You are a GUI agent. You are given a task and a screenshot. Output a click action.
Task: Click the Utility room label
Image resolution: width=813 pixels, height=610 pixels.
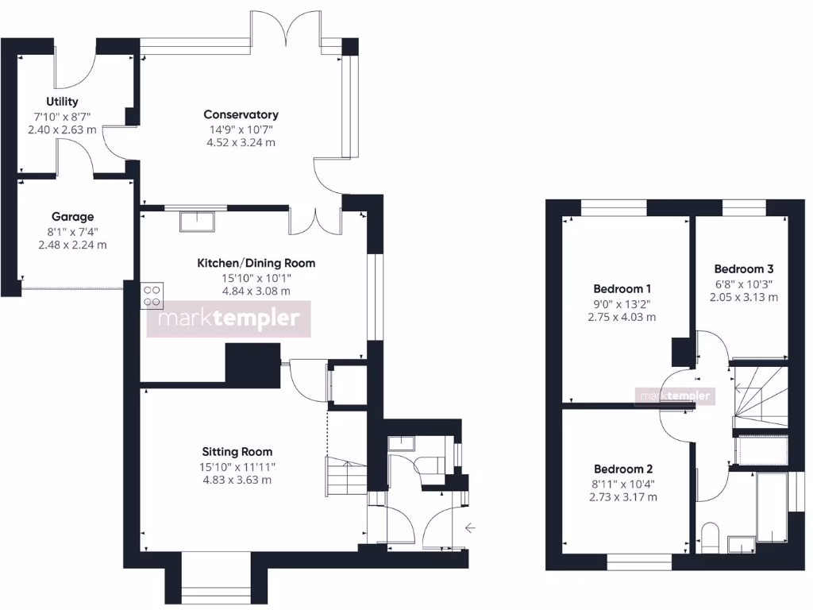click(62, 102)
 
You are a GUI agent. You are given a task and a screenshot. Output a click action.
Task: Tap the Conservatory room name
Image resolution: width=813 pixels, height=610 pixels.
click(241, 114)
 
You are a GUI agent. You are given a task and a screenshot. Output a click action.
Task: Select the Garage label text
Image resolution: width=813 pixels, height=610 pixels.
click(72, 216)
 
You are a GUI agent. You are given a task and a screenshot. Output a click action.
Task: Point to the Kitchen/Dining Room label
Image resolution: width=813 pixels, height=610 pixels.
click(256, 263)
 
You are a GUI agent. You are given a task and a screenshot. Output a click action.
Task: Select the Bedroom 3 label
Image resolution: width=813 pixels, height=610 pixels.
click(743, 268)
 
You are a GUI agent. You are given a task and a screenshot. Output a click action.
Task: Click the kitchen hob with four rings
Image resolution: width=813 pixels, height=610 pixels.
click(152, 295)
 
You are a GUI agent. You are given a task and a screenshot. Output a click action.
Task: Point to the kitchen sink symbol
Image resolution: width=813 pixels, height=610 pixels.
click(197, 221)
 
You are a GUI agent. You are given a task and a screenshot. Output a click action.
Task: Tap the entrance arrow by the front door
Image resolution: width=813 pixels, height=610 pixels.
click(471, 527)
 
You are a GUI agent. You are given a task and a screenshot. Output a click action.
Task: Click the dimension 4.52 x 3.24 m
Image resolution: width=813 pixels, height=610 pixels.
click(241, 143)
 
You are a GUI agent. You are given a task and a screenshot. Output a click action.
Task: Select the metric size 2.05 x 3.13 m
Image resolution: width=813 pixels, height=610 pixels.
click(743, 297)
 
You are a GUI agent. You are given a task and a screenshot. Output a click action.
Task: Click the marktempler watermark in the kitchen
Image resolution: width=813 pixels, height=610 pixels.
click(229, 319)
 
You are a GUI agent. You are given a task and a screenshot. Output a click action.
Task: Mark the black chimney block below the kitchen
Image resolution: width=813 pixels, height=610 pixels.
click(253, 365)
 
